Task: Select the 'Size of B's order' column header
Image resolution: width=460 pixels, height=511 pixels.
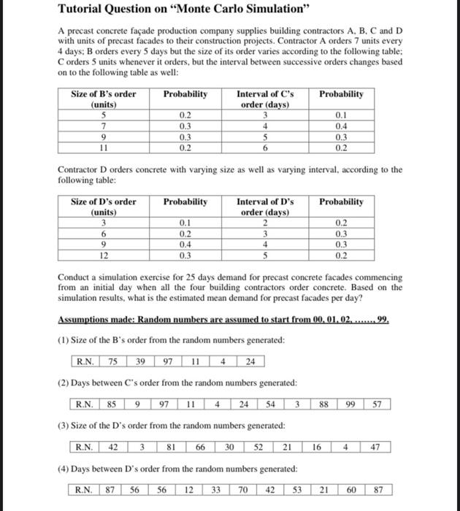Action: [103, 99]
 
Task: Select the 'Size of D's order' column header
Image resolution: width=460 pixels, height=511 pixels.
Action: [103, 207]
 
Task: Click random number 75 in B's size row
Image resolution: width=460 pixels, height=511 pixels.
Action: [114, 361]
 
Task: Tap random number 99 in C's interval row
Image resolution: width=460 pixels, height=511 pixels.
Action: [352, 404]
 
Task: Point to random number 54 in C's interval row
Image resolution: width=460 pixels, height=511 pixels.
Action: [270, 404]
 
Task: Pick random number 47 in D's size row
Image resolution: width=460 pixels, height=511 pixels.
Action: [375, 446]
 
